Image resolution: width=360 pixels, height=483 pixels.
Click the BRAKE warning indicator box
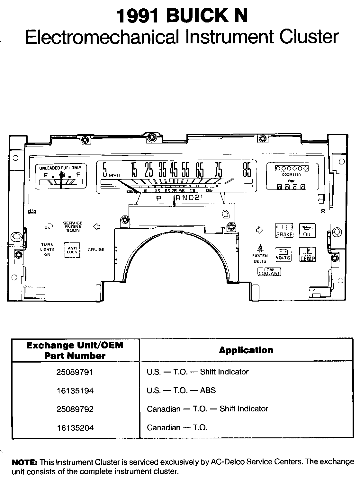click(284, 231)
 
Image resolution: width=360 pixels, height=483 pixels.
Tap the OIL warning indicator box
click(308, 231)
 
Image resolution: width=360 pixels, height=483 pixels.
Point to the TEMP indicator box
click(308, 254)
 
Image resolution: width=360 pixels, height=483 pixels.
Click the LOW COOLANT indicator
click(269, 272)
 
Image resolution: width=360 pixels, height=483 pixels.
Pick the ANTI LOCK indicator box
click(72, 250)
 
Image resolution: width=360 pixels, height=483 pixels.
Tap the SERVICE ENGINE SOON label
click(73, 227)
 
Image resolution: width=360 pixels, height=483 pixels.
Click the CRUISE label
click(96, 250)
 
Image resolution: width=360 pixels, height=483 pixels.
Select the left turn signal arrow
click(96, 227)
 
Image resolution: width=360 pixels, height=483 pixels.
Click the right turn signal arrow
click(259, 230)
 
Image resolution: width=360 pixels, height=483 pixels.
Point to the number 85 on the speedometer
click(247, 170)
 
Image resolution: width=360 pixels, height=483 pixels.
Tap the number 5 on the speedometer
click(104, 170)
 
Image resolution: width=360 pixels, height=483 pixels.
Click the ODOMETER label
click(291, 175)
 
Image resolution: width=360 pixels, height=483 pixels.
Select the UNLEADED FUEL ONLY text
click(60, 168)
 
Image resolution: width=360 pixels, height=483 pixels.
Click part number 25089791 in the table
click(75, 372)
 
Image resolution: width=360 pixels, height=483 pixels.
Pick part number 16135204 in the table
click(75, 428)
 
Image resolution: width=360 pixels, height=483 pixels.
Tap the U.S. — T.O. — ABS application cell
click(181, 391)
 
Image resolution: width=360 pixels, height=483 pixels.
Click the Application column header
click(246, 350)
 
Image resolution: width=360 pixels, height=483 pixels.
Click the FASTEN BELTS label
click(260, 259)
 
